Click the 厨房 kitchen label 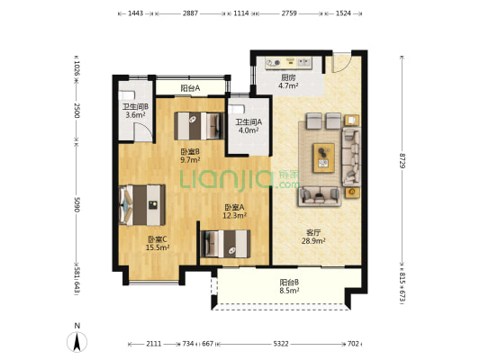click(288, 77)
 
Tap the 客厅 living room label click(313, 233)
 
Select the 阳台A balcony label click(190, 88)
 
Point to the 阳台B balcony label click(289, 283)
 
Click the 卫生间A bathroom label click(249, 122)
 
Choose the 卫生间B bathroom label click(135, 107)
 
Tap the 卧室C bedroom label click(158, 239)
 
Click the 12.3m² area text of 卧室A click(234, 215)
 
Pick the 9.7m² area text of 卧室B click(190, 159)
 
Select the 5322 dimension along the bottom click(281, 344)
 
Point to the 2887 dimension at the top click(190, 13)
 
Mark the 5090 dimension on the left click(77, 204)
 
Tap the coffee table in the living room click(323, 157)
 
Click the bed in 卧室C click(142, 205)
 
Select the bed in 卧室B click(199, 126)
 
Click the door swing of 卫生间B click(143, 132)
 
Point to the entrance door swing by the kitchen click(341, 64)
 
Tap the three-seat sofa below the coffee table click(320, 196)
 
